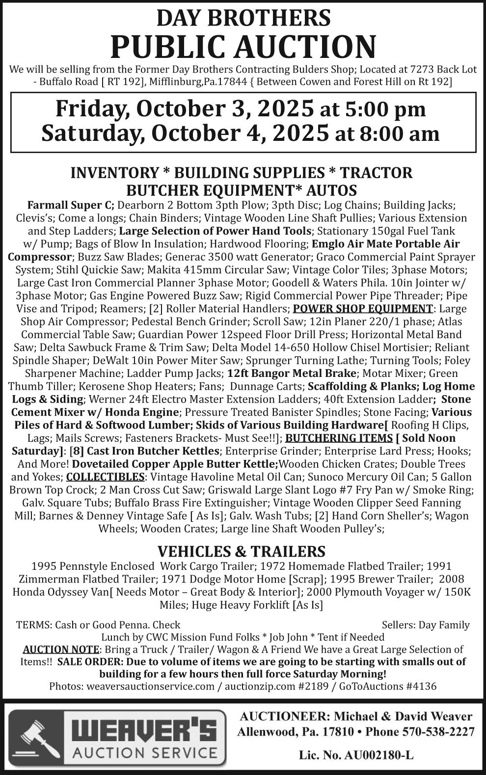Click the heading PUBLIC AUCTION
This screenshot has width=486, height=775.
(x=243, y=47)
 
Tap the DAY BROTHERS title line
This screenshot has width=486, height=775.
(x=243, y=18)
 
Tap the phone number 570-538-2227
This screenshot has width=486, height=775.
(x=438, y=732)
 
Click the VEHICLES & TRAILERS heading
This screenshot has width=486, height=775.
(x=241, y=551)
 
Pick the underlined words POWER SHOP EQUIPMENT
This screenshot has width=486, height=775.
(x=362, y=309)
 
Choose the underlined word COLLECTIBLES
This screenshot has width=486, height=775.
(x=105, y=477)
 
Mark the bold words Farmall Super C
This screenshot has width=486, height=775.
(x=71, y=205)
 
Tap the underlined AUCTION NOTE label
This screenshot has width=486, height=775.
(x=61, y=649)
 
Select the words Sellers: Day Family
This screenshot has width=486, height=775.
(x=425, y=625)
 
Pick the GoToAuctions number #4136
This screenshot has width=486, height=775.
(x=421, y=686)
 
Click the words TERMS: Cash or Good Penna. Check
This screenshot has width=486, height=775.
(x=98, y=625)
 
